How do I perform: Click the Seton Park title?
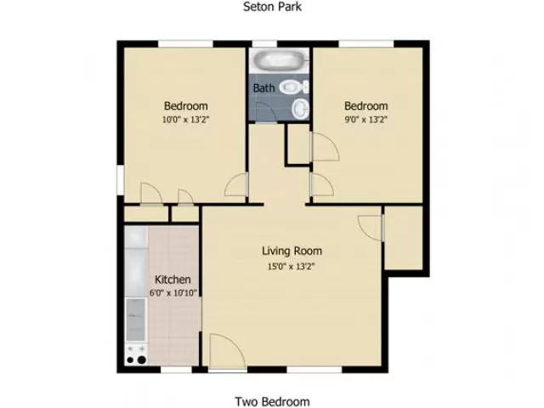tap(272, 7)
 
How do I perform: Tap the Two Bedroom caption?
tap(272, 401)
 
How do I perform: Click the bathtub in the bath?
tap(280, 60)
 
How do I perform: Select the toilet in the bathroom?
tap(294, 87)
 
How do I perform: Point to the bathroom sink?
tap(300, 108)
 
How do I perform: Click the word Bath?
tap(263, 88)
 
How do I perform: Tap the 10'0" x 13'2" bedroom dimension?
tap(186, 120)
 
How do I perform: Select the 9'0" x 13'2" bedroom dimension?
tap(365, 120)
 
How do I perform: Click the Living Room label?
tap(292, 251)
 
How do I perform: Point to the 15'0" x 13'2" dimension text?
tap(292, 267)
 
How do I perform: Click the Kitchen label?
tap(173, 280)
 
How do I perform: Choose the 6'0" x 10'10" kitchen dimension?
tap(173, 293)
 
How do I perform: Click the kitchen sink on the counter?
tap(135, 320)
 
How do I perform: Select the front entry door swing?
tap(227, 351)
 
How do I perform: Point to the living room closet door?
tap(371, 228)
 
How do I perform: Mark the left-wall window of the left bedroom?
tap(121, 180)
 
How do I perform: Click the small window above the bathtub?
tap(264, 43)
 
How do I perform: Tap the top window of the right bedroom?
tap(366, 43)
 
